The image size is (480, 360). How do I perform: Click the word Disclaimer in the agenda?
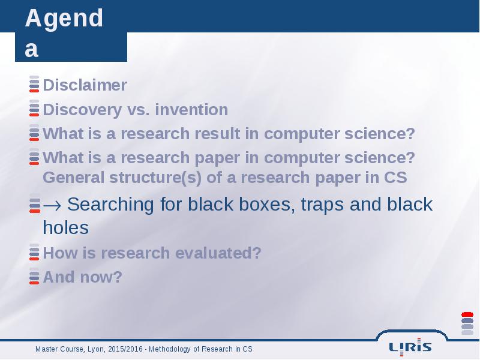[85, 85]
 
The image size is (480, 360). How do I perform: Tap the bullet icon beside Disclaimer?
[34, 84]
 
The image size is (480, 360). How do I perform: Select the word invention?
[191, 110]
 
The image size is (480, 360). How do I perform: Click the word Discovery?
[82, 110]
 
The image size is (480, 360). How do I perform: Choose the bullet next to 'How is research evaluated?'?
[34, 252]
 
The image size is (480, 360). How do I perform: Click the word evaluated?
[218, 253]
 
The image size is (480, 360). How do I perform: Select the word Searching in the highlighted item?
[110, 205]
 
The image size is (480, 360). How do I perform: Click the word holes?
[66, 228]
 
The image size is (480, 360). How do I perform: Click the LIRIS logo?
[410, 347]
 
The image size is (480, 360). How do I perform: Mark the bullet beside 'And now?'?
[34, 276]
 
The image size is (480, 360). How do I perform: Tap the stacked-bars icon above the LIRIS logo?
[467, 323]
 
